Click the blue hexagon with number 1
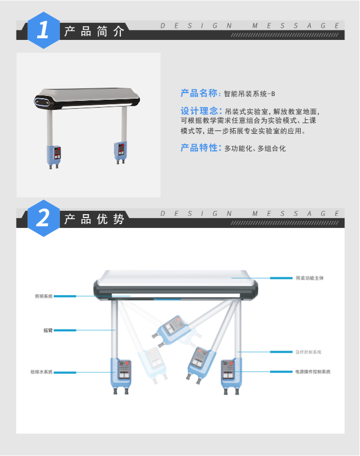pyautogui.click(x=43, y=30)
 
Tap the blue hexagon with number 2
pyautogui.click(x=43, y=218)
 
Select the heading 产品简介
pyautogui.click(x=94, y=31)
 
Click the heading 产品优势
pyautogui.click(x=94, y=219)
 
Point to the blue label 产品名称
pyautogui.click(x=200, y=93)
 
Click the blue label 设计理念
pyautogui.click(x=200, y=111)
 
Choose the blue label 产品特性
pyautogui.click(x=200, y=148)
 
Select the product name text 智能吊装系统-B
pyautogui.click(x=250, y=94)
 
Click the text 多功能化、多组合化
pyautogui.click(x=255, y=149)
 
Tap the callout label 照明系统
pyautogui.click(x=43, y=296)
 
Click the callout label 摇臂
pyautogui.click(x=48, y=330)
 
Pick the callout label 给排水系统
pyautogui.click(x=42, y=372)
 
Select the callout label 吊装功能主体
pyautogui.click(x=310, y=277)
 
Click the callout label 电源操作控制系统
pyautogui.click(x=313, y=372)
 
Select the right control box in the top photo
pyautogui.click(x=120, y=150)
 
